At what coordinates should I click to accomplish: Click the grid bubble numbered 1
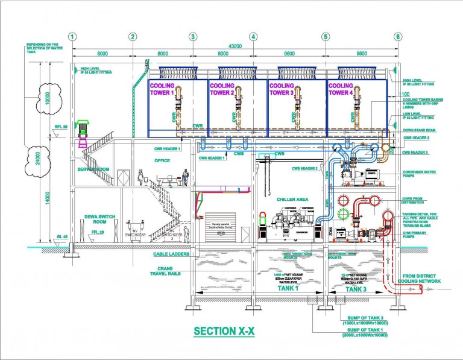(x=72, y=36)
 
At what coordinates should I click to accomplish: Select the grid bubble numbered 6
(x=398, y=36)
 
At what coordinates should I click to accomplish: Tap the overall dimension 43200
(x=235, y=46)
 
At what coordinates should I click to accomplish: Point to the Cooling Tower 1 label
(x=162, y=89)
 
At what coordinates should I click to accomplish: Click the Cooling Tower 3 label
(x=280, y=89)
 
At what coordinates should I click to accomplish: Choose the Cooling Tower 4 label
(x=341, y=89)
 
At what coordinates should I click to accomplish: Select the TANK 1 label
(x=287, y=289)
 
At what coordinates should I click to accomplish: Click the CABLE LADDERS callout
(x=173, y=254)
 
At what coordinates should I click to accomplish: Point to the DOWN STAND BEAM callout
(x=420, y=128)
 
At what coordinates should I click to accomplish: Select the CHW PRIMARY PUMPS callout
(x=416, y=236)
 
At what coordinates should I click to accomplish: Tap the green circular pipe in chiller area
(x=344, y=213)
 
